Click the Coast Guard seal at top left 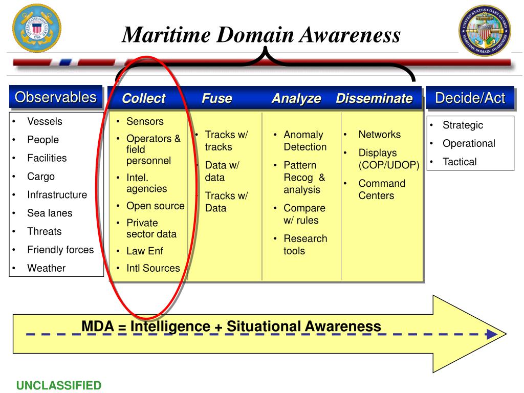(x=36, y=28)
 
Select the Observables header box (x=55, y=97)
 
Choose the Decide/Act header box (x=470, y=98)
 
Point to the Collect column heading (x=144, y=99)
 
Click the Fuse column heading (x=217, y=99)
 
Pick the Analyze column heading (x=296, y=99)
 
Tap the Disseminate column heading (x=374, y=99)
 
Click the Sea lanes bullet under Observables (x=50, y=213)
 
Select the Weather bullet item (x=46, y=268)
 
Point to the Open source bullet (x=155, y=206)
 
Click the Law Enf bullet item (x=145, y=251)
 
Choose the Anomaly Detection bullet (x=305, y=141)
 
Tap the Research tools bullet (x=305, y=245)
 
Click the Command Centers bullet (x=381, y=189)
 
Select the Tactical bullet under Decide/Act (x=460, y=162)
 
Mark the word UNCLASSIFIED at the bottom (x=59, y=385)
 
